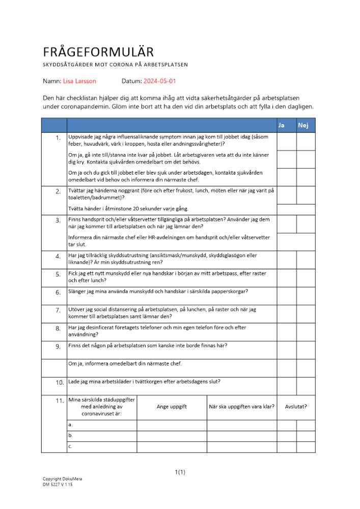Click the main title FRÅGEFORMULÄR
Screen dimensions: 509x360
pos(98,52)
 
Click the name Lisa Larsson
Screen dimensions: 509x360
pos(79,81)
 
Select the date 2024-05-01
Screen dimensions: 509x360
pos(160,81)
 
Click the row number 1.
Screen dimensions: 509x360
pos(59,138)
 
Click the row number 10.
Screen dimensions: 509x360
pos(60,382)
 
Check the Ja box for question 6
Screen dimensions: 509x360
pos(287,296)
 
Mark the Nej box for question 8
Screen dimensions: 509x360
pos(306,332)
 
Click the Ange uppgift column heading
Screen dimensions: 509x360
pos(172,407)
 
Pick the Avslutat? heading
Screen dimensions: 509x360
pos(296,407)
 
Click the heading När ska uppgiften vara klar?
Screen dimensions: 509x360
pos(242,407)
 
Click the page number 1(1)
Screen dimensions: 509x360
pos(180,472)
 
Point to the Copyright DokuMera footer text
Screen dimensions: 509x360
pos(62,479)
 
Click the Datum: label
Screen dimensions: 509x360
pos(131,81)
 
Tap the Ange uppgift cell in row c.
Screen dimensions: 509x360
pos(172,446)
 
